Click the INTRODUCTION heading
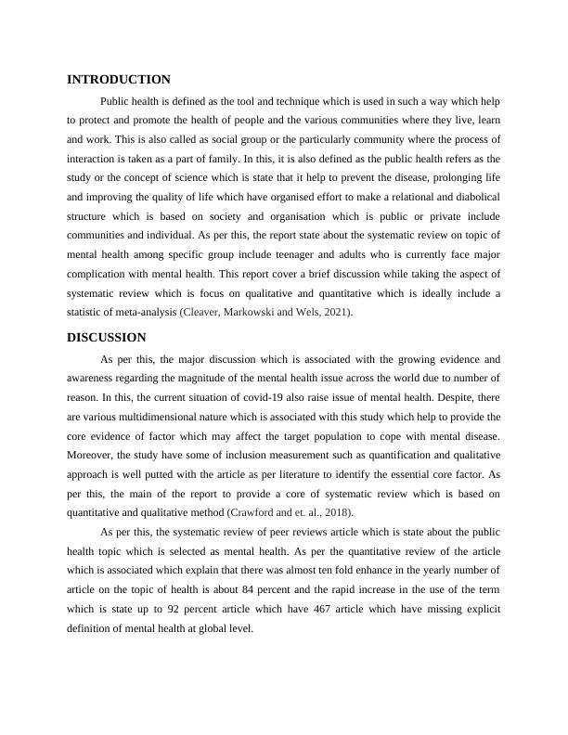click(119, 80)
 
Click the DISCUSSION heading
click(107, 337)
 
